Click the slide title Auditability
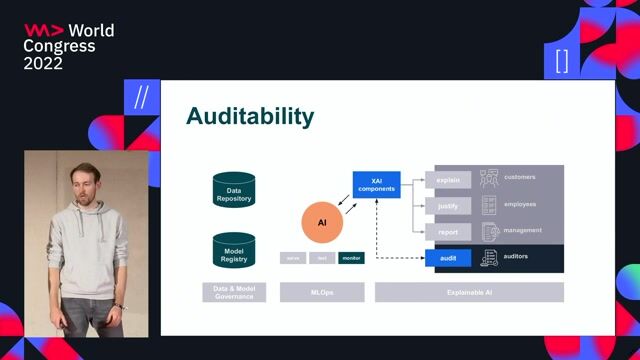click(250, 117)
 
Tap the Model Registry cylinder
click(234, 251)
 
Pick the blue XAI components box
click(376, 184)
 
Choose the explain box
click(448, 180)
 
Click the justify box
click(448, 206)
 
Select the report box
click(448, 232)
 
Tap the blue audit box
click(448, 258)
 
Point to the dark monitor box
click(351, 258)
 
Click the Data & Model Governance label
click(234, 292)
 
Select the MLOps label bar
click(322, 292)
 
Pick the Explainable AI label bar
click(469, 292)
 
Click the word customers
click(520, 177)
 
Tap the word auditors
click(517, 256)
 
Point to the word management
click(522, 230)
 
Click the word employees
click(520, 204)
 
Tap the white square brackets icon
click(562, 61)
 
